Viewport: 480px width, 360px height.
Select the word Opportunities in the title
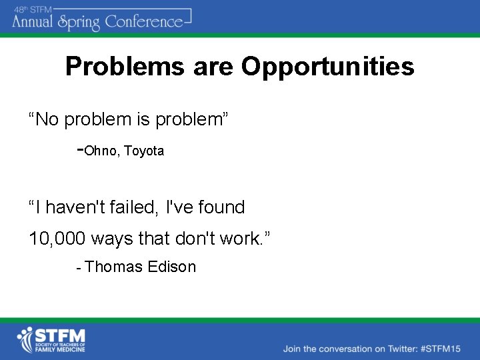[x=327, y=67]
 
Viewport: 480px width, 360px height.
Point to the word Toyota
[x=144, y=151]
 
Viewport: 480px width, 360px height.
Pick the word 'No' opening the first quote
[x=47, y=120]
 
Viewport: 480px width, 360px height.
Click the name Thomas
[x=114, y=267]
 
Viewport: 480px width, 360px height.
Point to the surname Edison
[x=172, y=267]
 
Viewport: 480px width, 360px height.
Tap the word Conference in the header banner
[x=143, y=21]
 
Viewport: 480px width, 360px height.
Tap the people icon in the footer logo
[x=27, y=339]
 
